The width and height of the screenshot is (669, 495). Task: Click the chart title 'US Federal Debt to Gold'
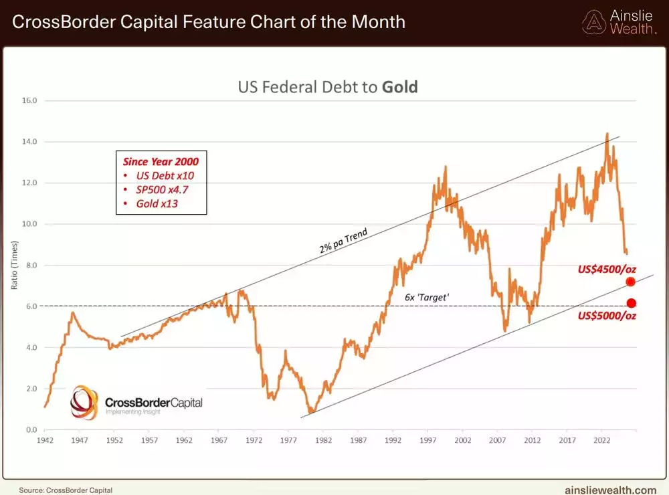pos(328,87)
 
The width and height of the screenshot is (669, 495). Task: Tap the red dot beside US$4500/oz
pos(630,282)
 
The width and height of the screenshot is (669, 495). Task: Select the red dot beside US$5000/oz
pos(631,303)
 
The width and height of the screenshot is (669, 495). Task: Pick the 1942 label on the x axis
pos(45,440)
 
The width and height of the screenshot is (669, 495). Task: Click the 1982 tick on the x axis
pos(323,440)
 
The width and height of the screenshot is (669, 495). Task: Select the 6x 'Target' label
pos(426,295)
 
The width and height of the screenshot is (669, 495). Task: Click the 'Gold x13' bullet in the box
pos(157,203)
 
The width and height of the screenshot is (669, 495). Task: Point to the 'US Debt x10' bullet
pos(161,175)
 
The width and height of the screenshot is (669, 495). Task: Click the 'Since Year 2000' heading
pos(161,161)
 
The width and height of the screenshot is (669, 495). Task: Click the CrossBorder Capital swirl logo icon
pos(85,401)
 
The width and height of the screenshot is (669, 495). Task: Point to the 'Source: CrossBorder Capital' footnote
pos(66,490)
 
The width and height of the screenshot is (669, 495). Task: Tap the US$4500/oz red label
pos(607,270)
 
